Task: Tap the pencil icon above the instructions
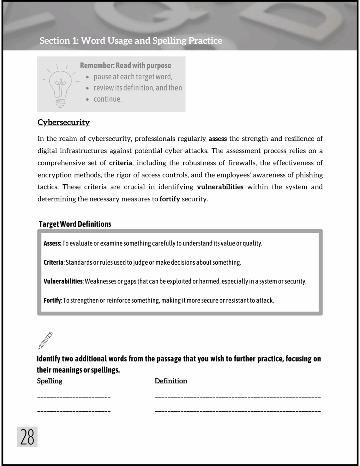click(x=45, y=340)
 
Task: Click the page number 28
click(x=27, y=437)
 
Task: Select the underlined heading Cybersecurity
click(x=63, y=122)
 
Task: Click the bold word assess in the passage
click(x=218, y=139)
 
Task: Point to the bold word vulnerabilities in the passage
click(x=220, y=187)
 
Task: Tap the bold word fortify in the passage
click(x=170, y=199)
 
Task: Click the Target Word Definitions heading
click(x=75, y=224)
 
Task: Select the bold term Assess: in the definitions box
click(x=52, y=243)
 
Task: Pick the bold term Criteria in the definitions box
click(x=53, y=262)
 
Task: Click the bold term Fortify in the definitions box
click(x=52, y=300)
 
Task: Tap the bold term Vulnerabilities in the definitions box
click(x=63, y=281)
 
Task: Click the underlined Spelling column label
click(x=50, y=381)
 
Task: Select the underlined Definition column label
click(x=171, y=381)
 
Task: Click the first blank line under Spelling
click(x=74, y=397)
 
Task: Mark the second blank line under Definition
click(x=237, y=411)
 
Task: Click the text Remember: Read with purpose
click(x=125, y=66)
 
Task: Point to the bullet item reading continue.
click(x=107, y=99)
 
